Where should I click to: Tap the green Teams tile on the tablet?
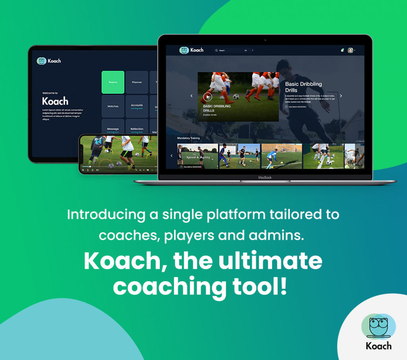coord(113,82)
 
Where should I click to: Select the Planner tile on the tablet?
coord(137,82)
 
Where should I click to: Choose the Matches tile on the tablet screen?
coord(113,106)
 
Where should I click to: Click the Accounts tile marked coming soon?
coord(137,106)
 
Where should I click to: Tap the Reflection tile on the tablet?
coord(137,129)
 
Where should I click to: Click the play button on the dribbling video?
coord(207,96)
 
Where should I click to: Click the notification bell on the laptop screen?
coord(342,51)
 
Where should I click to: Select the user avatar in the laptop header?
coord(350,51)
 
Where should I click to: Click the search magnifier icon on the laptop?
coord(216,51)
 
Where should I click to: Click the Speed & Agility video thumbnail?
coord(198,156)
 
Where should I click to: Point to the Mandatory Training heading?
coord(188,138)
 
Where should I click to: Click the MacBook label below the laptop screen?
coord(265,177)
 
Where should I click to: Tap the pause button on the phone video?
coord(83,170)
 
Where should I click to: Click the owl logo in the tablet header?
coord(41,61)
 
